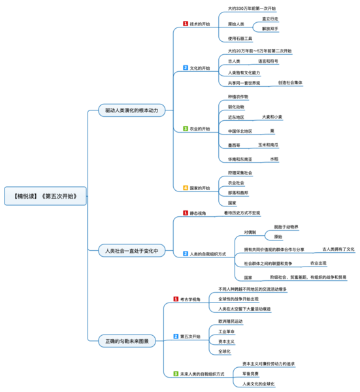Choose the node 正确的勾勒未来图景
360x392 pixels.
127,340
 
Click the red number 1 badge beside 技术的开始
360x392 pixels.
186,24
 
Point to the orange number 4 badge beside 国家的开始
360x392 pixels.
186,188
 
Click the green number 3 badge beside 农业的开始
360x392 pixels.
186,129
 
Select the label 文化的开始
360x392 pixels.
200,68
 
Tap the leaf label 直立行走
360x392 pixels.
270,20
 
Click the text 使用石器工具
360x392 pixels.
240,39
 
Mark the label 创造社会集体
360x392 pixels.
290,83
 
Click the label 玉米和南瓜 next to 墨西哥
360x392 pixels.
268,144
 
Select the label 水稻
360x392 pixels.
274,159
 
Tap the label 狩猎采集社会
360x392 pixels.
240,173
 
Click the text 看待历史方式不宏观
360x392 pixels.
242,214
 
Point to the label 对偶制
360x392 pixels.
250,233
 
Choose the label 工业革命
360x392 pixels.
226,332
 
